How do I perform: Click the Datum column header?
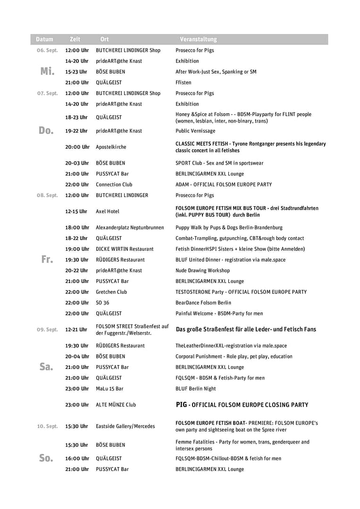[x=44, y=39]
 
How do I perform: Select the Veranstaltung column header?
[x=198, y=39]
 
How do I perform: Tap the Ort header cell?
[x=104, y=39]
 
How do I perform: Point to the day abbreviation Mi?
[x=47, y=72]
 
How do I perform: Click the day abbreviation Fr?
[x=47, y=259]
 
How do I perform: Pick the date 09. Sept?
[x=47, y=330]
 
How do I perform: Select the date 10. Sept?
[x=47, y=426]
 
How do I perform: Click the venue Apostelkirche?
[x=111, y=147]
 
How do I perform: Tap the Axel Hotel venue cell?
[x=108, y=211]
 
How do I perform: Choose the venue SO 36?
[x=102, y=303]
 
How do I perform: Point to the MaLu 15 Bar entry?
[x=109, y=389]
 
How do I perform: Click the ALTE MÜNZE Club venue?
[x=116, y=405]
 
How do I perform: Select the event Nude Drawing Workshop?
[x=202, y=271]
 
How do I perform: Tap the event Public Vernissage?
[x=195, y=131]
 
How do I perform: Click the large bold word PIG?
[x=181, y=405]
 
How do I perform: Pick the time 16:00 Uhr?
[x=77, y=459]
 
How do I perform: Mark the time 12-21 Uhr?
[x=76, y=330]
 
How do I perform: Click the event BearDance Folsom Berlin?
[x=203, y=303]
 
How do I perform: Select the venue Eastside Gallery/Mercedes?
[x=125, y=426]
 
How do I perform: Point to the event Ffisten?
[x=184, y=83]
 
